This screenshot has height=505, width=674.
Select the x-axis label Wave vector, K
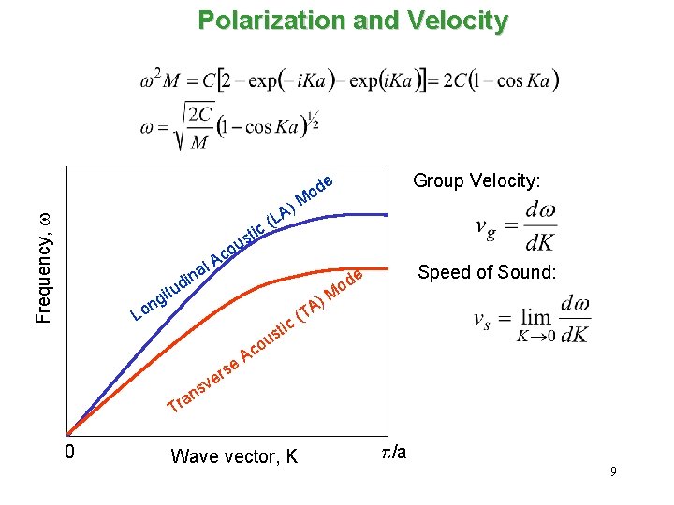pyautogui.click(x=234, y=456)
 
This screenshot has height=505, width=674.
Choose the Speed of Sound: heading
pyautogui.click(x=488, y=273)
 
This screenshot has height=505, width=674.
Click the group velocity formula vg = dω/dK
pyautogui.click(x=516, y=226)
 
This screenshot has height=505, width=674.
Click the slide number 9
pyautogui.click(x=612, y=472)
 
